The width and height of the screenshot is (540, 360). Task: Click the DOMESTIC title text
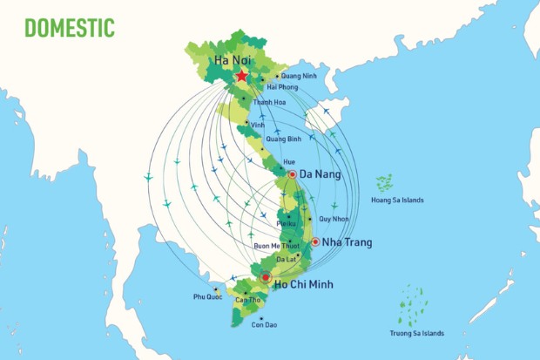(70, 28)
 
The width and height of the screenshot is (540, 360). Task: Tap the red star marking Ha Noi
(241, 77)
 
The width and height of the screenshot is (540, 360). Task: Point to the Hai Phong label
(282, 87)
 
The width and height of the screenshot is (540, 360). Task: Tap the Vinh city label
(257, 125)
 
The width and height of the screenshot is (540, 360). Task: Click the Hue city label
(289, 163)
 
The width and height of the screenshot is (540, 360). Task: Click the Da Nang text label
(321, 174)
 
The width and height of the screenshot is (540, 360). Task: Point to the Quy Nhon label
(335, 219)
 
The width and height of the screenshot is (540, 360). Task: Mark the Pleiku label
(286, 224)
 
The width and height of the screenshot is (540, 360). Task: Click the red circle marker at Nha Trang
(315, 241)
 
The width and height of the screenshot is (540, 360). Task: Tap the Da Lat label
(286, 260)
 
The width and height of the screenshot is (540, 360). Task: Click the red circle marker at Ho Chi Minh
(266, 279)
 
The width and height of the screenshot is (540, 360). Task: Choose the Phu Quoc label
(208, 297)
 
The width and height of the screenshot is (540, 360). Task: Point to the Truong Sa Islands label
(416, 332)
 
